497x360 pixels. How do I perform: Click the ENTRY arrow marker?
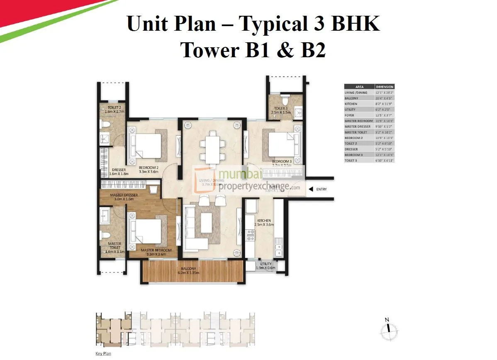[311, 190]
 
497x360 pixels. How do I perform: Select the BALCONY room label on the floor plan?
[188, 268]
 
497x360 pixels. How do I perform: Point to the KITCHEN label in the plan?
[264, 221]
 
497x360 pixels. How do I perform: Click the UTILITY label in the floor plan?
[266, 264]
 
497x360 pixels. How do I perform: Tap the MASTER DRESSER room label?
[124, 195]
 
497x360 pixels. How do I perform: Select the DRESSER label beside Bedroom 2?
[119, 169]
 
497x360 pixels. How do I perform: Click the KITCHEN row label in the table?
[351, 104]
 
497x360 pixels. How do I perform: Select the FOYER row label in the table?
[350, 115]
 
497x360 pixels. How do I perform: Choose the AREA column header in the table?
[360, 87]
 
